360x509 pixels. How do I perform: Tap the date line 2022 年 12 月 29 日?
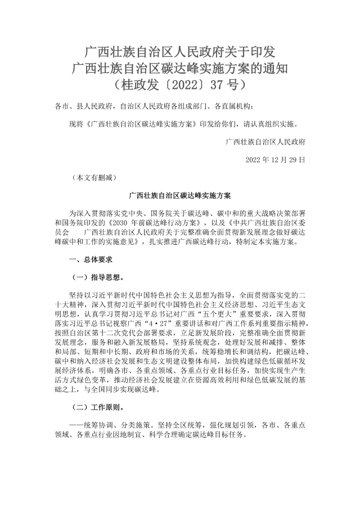(x=276, y=160)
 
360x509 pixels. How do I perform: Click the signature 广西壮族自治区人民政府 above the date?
(x=265, y=142)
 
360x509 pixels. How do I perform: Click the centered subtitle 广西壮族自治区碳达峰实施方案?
(x=180, y=196)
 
